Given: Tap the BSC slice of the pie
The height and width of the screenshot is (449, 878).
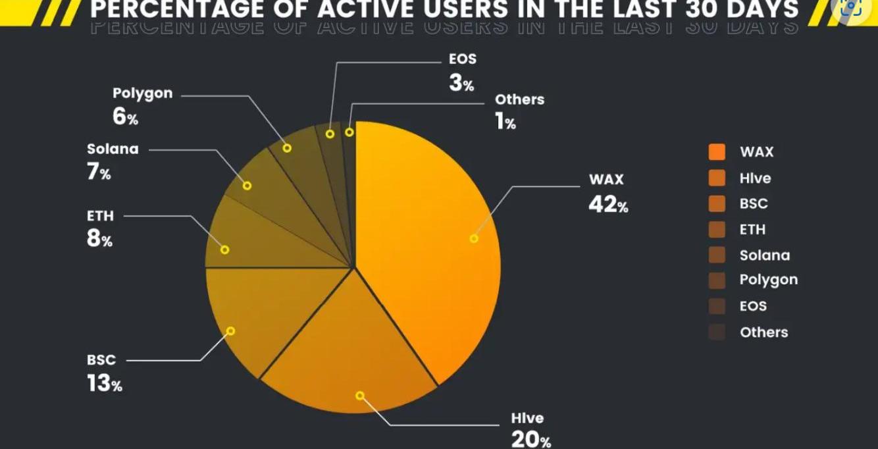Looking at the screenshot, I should [x=263, y=316].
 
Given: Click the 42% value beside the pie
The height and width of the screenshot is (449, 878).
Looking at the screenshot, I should [x=608, y=205].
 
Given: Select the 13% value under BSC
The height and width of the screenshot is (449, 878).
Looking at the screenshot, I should [x=104, y=384].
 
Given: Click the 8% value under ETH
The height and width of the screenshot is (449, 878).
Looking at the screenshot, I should [x=99, y=239].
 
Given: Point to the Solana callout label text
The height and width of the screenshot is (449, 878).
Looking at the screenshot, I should [x=113, y=149].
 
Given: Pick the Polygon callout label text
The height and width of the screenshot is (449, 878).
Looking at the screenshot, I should [x=142, y=93].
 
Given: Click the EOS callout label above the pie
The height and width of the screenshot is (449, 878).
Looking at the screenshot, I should [x=462, y=59].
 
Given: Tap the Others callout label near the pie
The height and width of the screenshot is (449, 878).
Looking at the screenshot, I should [x=519, y=99].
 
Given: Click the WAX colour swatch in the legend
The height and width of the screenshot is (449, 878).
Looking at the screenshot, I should [x=717, y=152].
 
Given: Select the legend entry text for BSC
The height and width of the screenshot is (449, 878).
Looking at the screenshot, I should [x=754, y=203].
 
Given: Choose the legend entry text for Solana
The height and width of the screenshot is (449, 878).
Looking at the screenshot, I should [x=764, y=255].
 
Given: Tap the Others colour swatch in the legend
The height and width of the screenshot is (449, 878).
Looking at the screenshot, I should [x=717, y=332].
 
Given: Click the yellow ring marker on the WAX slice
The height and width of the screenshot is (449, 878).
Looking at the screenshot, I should [x=474, y=238].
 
